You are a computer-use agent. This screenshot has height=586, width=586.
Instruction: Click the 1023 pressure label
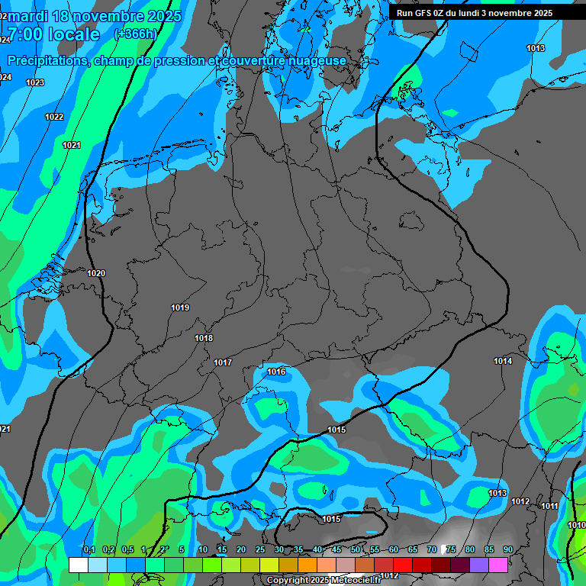pos(35,82)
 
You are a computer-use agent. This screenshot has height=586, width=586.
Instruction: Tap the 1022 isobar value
pos(54,117)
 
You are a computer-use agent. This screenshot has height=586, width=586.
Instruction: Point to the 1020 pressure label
pos(96,273)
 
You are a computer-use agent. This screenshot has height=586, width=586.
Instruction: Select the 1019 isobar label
pos(180,307)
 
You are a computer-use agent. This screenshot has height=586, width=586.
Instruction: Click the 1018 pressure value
pos(204,338)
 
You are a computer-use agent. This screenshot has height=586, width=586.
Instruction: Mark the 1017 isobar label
pos(223,362)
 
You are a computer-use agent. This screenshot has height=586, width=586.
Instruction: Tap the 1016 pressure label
pos(276,372)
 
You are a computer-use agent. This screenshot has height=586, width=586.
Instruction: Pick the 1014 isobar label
pos(503,361)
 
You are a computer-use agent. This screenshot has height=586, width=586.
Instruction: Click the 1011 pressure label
pos(549,506)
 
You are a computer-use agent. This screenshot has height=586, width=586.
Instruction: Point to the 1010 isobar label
pos(577,525)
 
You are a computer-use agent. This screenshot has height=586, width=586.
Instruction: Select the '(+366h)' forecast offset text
pos(135,34)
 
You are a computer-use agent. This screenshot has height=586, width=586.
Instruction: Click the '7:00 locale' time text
pos(53,34)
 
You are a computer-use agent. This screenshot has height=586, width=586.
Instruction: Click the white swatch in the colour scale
pos(78,565)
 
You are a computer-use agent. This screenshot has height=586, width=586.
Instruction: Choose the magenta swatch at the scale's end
pos(498,565)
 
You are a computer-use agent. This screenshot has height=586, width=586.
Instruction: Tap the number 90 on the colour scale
pos(508,550)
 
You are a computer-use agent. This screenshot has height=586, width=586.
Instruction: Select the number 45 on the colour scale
pos(336,550)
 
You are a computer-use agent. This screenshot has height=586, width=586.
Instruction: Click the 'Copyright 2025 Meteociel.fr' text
pos(327,580)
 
